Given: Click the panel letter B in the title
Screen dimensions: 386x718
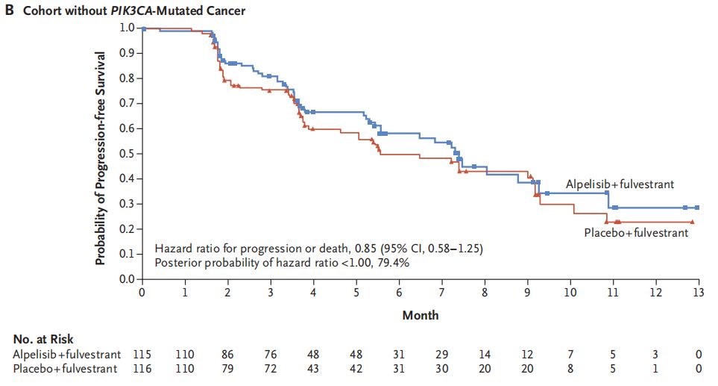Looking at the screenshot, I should (x=9, y=10).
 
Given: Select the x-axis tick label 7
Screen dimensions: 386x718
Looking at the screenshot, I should (x=442, y=291).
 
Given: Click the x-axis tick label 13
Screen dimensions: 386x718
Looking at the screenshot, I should (x=699, y=291).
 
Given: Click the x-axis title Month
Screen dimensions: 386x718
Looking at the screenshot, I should (x=421, y=315).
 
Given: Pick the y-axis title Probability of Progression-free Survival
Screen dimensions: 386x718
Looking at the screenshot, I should (x=101, y=158).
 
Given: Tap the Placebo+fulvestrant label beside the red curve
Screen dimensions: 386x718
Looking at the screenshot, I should (x=635, y=233).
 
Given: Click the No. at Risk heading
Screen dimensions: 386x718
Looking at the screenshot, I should (x=42, y=340).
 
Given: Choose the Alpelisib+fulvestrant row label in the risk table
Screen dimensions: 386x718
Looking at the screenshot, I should (x=66, y=354).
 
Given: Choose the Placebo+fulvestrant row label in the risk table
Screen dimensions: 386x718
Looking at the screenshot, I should (x=66, y=369).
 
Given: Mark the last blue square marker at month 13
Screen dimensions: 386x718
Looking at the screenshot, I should (x=697, y=208).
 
